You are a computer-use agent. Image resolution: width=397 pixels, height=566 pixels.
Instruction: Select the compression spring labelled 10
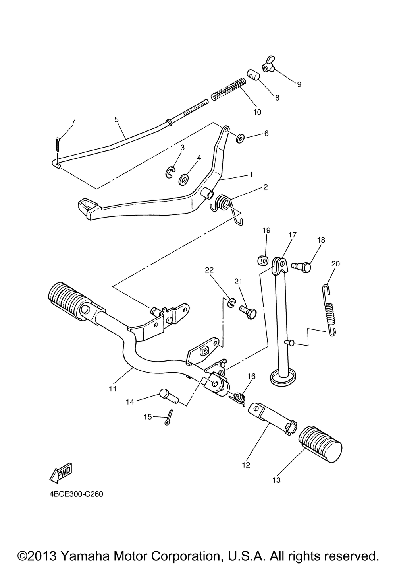(228, 89)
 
